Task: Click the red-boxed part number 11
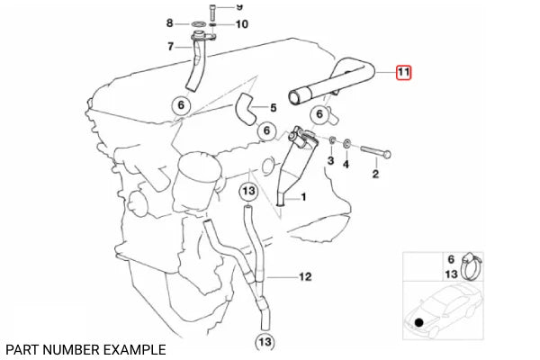403,72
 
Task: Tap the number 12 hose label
305,276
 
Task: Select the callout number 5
273,108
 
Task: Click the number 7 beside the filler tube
170,46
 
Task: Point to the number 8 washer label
169,23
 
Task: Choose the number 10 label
242,24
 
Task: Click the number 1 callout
303,197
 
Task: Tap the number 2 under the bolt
375,174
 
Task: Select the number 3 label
330,160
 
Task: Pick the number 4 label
346,164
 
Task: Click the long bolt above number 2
375,152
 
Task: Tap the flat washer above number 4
347,142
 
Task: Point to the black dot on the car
418,323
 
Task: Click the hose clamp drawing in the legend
472,266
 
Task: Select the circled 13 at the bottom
265,342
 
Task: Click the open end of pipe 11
294,96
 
